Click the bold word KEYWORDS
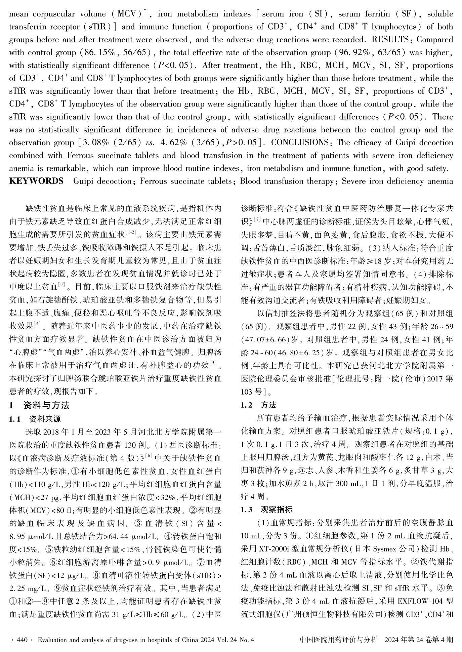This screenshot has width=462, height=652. coord(36,181)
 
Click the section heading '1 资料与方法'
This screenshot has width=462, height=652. coord(39,405)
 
